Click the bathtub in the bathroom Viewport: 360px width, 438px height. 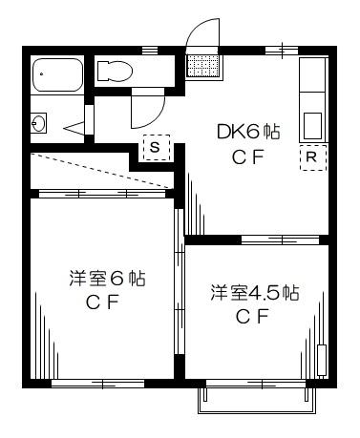coord(58,74)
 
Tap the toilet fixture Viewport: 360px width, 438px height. coord(115,71)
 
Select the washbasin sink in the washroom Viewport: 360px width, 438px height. coord(38,123)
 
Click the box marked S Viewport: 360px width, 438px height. coord(157,147)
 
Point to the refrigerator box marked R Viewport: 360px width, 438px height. coord(313,157)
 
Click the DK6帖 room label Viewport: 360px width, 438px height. coord(248,132)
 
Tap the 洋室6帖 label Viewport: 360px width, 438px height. coord(107,279)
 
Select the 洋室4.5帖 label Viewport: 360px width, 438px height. coord(255,293)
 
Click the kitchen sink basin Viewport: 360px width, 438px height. coord(313,126)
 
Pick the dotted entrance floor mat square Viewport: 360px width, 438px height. coord(202,66)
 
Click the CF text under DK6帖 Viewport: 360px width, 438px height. coord(248,157)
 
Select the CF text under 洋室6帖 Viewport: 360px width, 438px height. coord(102,302)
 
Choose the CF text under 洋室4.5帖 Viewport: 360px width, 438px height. coord(252,316)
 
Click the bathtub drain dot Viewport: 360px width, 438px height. coord(41,74)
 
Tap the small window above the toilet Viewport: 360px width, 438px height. coord(150,51)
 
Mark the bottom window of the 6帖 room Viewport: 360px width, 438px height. coord(97,384)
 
